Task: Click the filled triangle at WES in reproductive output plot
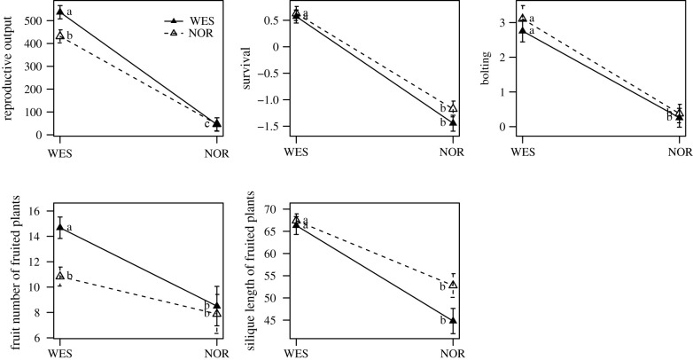(x=59, y=12)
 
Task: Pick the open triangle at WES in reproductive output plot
(x=59, y=35)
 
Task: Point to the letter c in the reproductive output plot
(x=207, y=123)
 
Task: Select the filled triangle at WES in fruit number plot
(x=59, y=227)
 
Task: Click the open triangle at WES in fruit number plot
(x=59, y=276)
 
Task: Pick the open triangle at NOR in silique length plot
(x=453, y=285)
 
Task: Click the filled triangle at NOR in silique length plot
(x=453, y=320)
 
